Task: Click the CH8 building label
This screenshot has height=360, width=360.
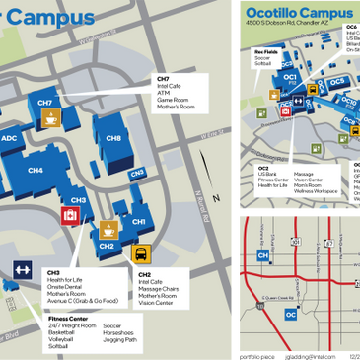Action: pyautogui.click(x=113, y=140)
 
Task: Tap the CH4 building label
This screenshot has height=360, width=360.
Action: pyautogui.click(x=35, y=171)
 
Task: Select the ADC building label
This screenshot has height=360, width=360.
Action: pyautogui.click(x=9, y=139)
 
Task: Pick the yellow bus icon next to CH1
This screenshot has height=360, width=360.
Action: pyautogui.click(x=142, y=253)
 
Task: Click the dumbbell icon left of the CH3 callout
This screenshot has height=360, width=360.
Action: pyautogui.click(x=22, y=268)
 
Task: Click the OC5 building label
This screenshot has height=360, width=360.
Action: pyautogui.click(x=336, y=82)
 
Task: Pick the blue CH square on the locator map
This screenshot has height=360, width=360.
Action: pyautogui.click(x=263, y=255)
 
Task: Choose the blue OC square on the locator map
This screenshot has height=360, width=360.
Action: pyautogui.click(x=290, y=314)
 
